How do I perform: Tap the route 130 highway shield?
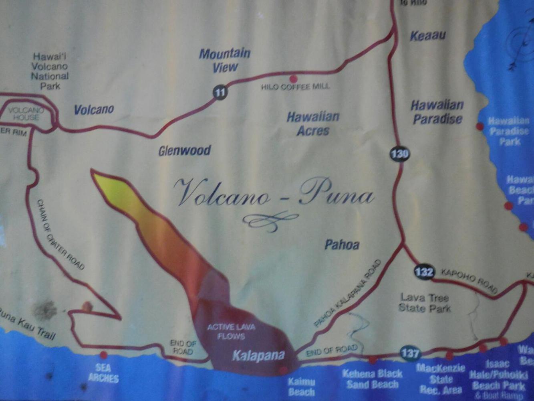(399, 154)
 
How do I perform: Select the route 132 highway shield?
(424, 272)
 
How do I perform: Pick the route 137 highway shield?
(410, 353)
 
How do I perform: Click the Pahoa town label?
(342, 245)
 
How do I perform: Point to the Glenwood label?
(184, 151)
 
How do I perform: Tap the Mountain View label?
(225, 60)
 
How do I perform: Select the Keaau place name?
(427, 36)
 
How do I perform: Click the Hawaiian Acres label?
(313, 124)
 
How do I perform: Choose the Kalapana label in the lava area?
(258, 355)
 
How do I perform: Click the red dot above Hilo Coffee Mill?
(294, 79)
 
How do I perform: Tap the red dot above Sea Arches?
(103, 355)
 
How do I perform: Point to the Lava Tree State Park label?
(424, 303)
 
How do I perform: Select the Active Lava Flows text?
(231, 331)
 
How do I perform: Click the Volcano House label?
(26, 113)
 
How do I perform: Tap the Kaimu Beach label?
(301, 387)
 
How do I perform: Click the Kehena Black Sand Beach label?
(372, 379)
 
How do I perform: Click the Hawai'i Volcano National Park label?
(50, 71)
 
